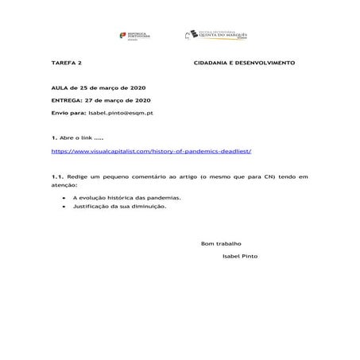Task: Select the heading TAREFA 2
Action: [x=66, y=61]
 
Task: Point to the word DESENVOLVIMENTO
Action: [x=265, y=61]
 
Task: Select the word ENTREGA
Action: [x=65, y=101]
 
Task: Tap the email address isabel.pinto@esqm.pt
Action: [x=121, y=114]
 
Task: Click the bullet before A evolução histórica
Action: [x=63, y=197]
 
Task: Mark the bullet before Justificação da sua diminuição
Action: [x=63, y=206]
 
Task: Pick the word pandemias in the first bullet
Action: [x=164, y=197]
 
